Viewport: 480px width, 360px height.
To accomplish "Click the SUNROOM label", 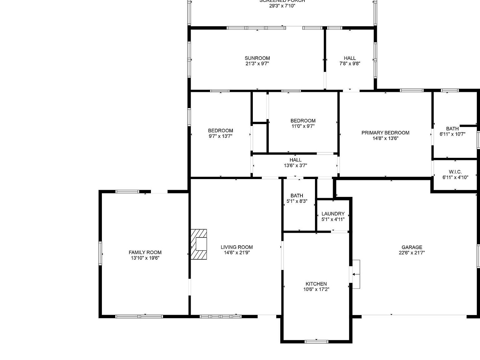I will point(257,58).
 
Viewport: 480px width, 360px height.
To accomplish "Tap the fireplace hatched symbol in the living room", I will point(199,244).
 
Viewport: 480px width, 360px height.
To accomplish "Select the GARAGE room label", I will point(412,247).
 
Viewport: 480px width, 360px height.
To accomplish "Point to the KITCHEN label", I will point(316,284).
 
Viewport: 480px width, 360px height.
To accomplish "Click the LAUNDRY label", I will point(333,214).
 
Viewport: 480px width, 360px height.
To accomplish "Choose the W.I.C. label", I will point(455,172).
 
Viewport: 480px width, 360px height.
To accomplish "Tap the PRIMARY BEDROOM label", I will point(385,133).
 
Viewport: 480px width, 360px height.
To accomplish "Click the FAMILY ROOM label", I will point(145,252).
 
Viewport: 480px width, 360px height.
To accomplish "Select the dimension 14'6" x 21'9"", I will point(237,253).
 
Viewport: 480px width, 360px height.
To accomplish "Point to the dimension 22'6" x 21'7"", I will point(412,253).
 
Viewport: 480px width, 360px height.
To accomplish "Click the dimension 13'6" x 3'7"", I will point(295,166).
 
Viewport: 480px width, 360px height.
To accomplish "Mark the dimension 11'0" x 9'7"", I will point(303,126).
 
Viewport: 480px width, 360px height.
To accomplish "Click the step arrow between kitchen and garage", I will point(356,274).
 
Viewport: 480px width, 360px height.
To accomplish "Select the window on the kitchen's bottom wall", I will point(317,342).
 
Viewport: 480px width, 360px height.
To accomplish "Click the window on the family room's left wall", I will point(100,253).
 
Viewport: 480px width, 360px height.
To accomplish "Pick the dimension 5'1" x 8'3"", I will point(297,201).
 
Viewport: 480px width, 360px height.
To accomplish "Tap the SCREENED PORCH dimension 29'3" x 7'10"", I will point(282,6).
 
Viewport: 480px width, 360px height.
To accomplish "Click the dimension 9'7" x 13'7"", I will point(220,136).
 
